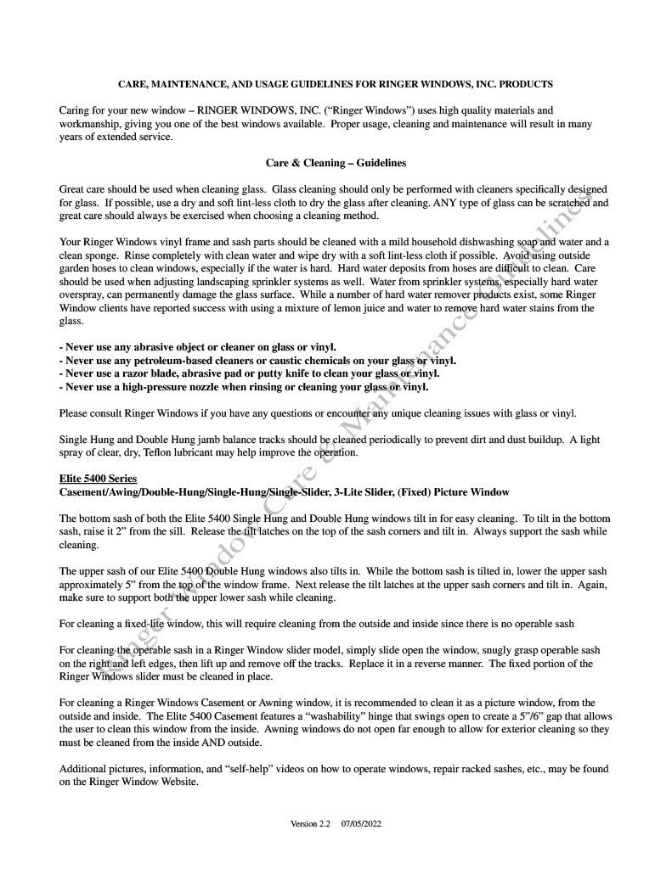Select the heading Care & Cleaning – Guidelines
click(x=336, y=162)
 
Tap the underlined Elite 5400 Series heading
click(x=98, y=479)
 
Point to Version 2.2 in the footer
click(x=310, y=824)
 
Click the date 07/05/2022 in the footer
click(x=363, y=824)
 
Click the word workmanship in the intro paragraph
click(x=92, y=124)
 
